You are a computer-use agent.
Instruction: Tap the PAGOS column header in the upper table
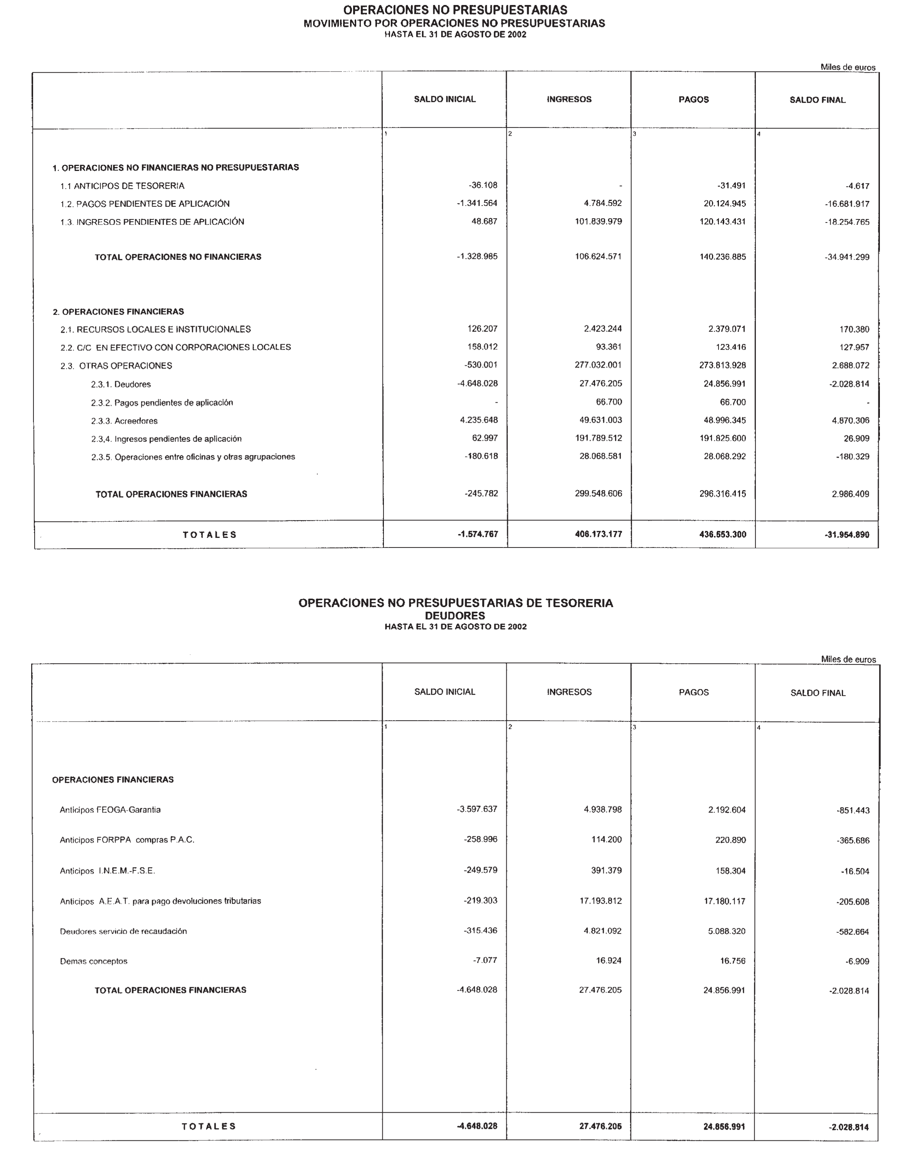pos(694,100)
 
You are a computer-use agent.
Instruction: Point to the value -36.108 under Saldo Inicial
pos(483,186)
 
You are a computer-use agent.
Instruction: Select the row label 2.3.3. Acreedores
pos(124,421)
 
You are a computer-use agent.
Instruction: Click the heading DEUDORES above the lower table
pos(455,616)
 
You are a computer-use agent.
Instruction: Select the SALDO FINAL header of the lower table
pos(818,693)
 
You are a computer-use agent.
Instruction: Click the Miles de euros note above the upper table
pos(848,68)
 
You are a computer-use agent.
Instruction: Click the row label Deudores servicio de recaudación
pos(123,931)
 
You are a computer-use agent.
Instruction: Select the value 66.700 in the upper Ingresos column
pos(609,402)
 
